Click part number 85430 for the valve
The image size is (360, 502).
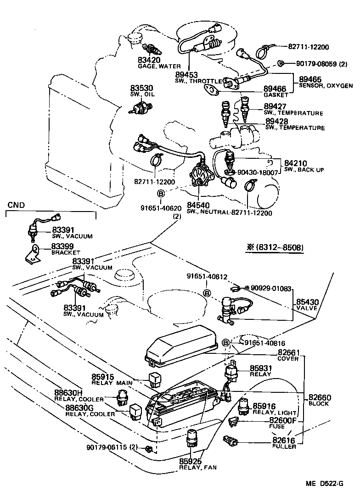coord(307,302)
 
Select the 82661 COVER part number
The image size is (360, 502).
coord(288,352)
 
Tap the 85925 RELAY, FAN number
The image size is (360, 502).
coord(191,461)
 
